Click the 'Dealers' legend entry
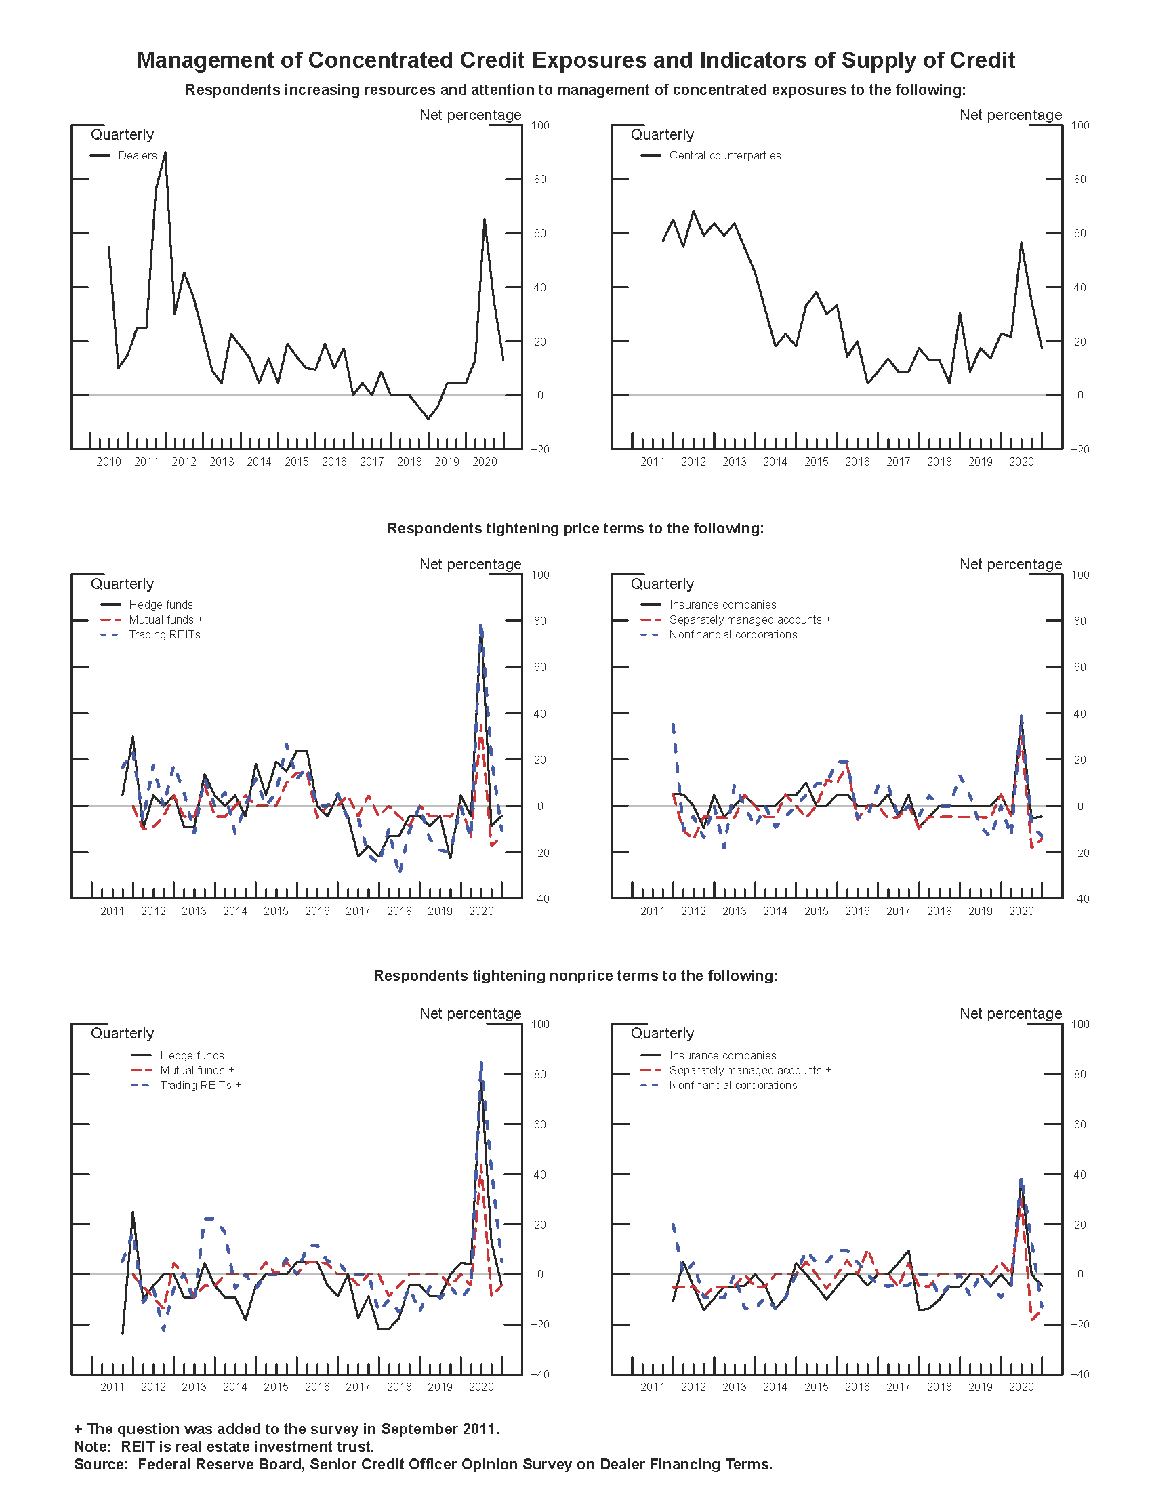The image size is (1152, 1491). tap(136, 156)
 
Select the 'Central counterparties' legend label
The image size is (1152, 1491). tap(724, 156)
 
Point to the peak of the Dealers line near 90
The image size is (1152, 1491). tap(165, 153)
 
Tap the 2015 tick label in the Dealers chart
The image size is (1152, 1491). tap(296, 462)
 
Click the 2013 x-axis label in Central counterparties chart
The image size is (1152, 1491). tap(734, 462)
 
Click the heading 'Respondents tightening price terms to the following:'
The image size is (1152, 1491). tap(575, 529)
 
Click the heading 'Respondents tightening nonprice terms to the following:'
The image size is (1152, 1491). tap(575, 975)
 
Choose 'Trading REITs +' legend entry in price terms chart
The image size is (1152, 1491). tap(169, 635)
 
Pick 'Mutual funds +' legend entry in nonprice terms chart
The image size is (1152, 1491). tap(197, 1070)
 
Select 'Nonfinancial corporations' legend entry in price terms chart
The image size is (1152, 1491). tap(733, 635)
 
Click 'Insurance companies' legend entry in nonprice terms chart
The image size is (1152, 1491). tap(722, 1055)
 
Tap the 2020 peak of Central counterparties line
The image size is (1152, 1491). tap(1021, 243)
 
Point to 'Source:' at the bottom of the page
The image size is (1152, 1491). tap(101, 1465)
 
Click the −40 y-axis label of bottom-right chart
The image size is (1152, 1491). tap(1079, 1375)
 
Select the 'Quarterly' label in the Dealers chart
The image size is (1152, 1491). tap(122, 134)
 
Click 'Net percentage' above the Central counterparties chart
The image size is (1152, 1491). tap(1010, 115)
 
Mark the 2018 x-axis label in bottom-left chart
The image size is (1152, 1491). tap(398, 1387)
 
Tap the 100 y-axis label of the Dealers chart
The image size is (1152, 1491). tap(539, 125)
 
